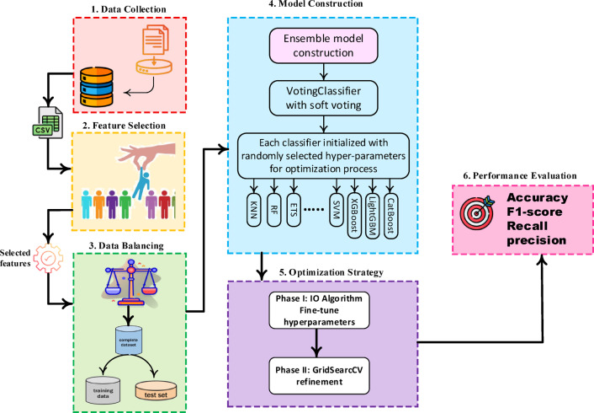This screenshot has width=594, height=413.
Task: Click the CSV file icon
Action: tap(48, 122)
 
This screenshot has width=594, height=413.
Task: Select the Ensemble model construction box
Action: tap(323, 46)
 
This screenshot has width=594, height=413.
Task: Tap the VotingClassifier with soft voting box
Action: tap(323, 98)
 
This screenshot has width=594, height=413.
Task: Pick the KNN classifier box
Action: tap(254, 210)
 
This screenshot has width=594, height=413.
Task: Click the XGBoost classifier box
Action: tap(354, 215)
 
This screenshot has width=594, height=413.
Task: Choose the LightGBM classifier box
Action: tap(373, 216)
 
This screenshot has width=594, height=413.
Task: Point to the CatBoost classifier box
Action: tap(390, 216)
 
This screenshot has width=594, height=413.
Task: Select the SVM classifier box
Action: tap(336, 210)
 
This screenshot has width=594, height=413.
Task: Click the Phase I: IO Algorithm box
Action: tap(319, 310)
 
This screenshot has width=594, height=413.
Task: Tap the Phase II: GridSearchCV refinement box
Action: tap(319, 376)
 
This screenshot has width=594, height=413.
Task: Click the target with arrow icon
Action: tap(477, 212)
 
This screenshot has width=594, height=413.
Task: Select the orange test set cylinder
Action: tap(156, 390)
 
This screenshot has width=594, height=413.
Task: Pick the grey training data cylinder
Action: tap(103, 390)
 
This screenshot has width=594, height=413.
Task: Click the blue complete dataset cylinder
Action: tap(129, 341)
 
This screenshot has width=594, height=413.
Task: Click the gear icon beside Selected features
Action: tap(48, 258)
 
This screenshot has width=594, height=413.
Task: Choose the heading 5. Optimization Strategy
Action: tap(331, 272)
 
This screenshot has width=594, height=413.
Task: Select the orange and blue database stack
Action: tap(97, 87)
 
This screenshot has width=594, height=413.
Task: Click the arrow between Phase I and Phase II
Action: tap(316, 343)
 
